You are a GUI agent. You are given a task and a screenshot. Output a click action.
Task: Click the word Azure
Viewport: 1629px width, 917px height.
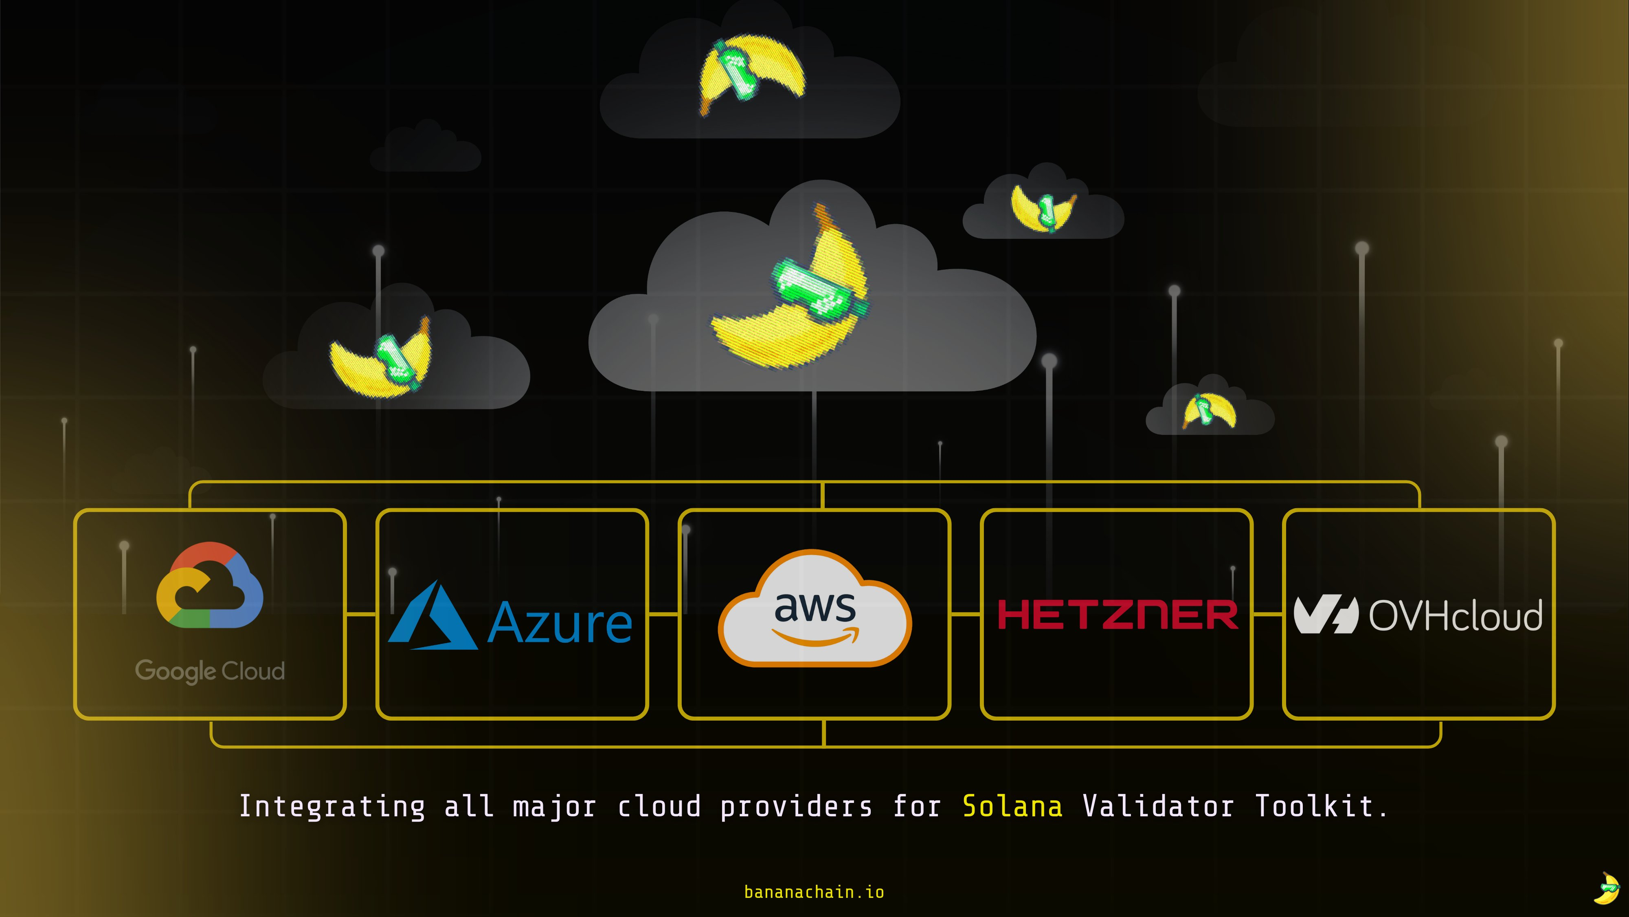pos(560,624)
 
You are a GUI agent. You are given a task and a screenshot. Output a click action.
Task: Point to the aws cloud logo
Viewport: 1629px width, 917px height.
pos(814,609)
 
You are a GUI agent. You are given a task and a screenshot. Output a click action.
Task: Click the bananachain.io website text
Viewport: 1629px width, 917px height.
pos(814,892)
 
